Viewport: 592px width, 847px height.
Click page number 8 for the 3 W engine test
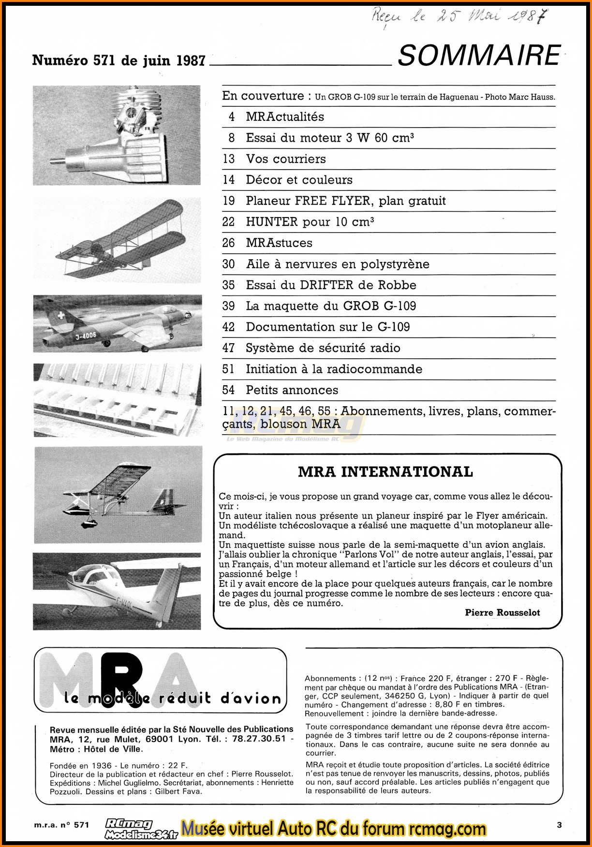coord(232,138)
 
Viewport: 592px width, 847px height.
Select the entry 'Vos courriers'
coord(286,159)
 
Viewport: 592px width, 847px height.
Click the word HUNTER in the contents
coord(272,221)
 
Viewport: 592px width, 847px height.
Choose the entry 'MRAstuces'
coord(279,243)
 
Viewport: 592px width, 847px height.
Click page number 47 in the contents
coord(228,348)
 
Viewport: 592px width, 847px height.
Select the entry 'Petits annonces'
coord(292,390)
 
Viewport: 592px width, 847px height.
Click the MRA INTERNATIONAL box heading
coord(385,471)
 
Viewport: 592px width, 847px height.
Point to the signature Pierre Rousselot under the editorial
coord(502,613)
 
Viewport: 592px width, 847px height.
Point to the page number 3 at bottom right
coord(559,825)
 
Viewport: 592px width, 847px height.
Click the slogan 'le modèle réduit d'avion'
coord(172,699)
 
